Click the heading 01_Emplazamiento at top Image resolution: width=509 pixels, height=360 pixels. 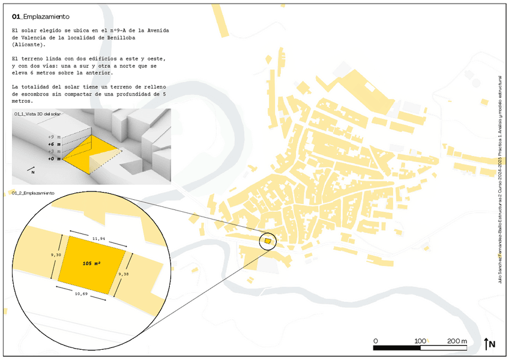coord(40,17)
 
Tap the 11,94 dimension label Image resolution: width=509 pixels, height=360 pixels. coord(99,239)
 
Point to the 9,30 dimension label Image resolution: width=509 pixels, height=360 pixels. coord(55,255)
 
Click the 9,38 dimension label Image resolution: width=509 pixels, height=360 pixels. coord(124,274)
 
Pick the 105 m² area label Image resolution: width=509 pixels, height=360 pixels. coord(91,263)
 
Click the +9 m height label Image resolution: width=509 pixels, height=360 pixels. coord(54,137)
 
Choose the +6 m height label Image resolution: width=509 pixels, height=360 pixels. coord(54,144)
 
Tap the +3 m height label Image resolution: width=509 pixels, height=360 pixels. coord(54,152)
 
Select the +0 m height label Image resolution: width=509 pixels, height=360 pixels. coord(54,159)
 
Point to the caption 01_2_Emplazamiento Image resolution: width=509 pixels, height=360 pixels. coord(33,193)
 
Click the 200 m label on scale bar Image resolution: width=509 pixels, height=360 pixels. coord(457,341)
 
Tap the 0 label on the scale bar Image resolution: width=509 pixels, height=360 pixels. coord(376,341)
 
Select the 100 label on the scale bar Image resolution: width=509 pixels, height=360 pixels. coord(419,341)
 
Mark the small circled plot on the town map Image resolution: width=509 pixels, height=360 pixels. coord(268,241)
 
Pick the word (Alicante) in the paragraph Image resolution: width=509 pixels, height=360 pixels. coord(28,44)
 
